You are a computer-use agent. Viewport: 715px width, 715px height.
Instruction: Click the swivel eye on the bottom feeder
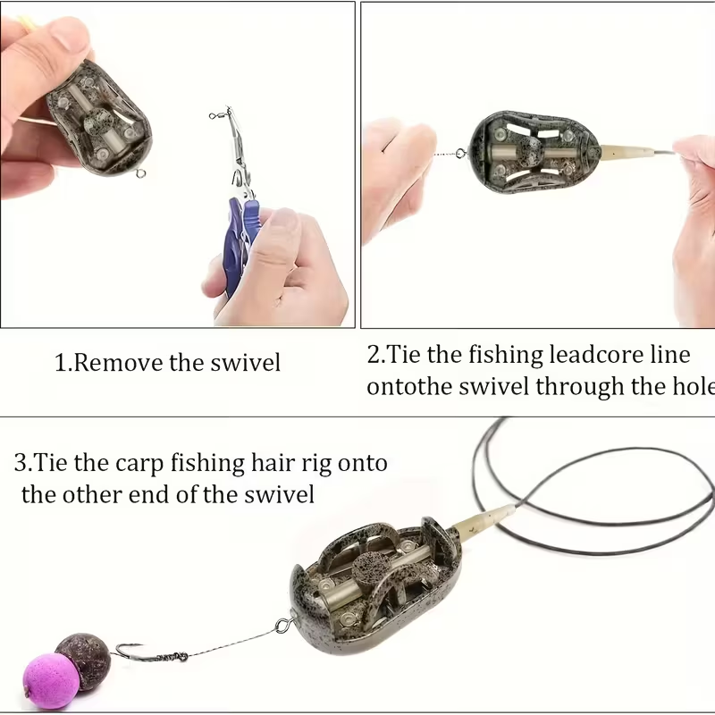pyautogui.click(x=283, y=625)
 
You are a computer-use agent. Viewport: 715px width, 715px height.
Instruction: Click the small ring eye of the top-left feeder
pyautogui.click(x=139, y=172)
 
